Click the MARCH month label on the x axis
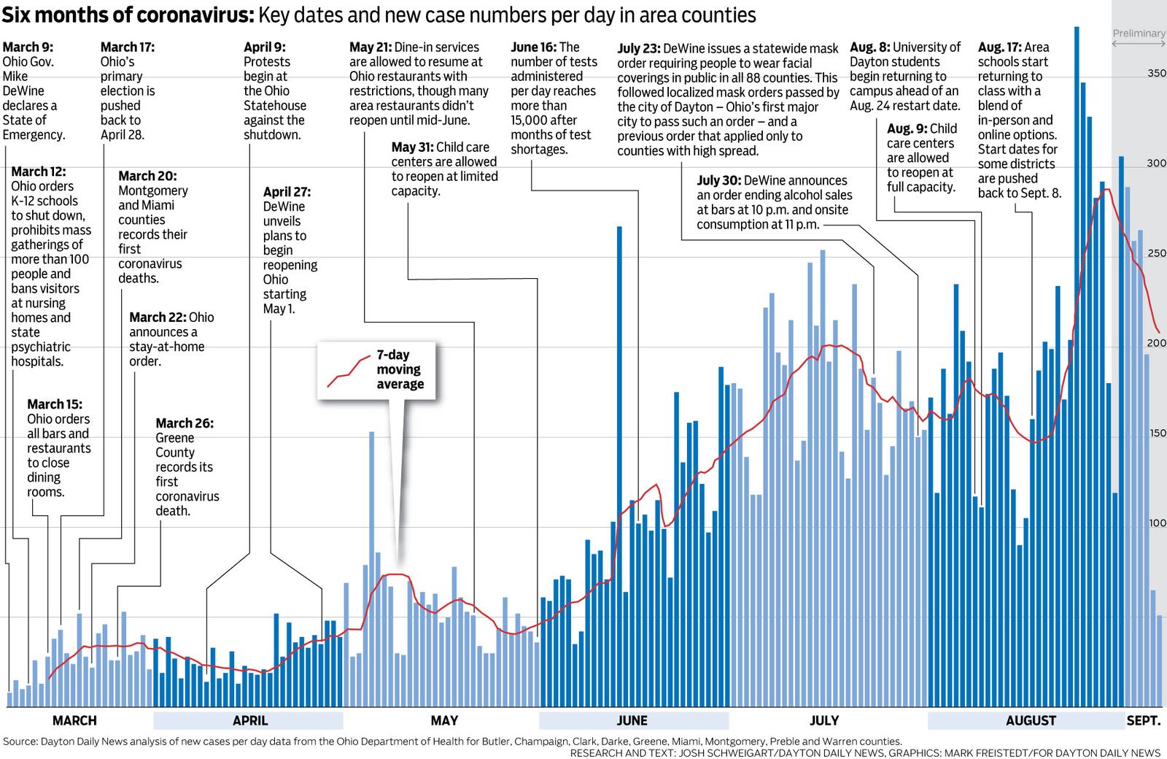(x=74, y=720)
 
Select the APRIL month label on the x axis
(x=250, y=720)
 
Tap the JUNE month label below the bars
(x=632, y=720)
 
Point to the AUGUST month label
(x=1031, y=720)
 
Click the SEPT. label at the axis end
(x=1143, y=720)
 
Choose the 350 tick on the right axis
(x=1156, y=73)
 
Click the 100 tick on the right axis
(x=1157, y=523)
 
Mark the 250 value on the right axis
(x=1156, y=253)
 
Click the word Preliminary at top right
(x=1139, y=34)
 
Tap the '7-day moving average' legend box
(x=376, y=370)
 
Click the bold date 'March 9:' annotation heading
(x=28, y=47)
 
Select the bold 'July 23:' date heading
(x=639, y=49)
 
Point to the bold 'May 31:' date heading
(x=413, y=147)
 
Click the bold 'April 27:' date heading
(x=287, y=192)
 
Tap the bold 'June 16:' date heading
(x=534, y=47)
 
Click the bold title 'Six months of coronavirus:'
(x=128, y=15)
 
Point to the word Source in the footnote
(x=20, y=741)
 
